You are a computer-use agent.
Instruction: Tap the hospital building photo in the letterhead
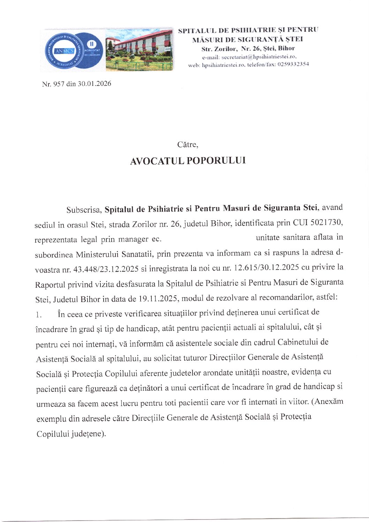coord(140,50)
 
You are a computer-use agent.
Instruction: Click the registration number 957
coord(58,84)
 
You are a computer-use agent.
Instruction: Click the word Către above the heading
coord(187,145)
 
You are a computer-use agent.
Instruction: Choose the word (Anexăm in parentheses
coord(327,402)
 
